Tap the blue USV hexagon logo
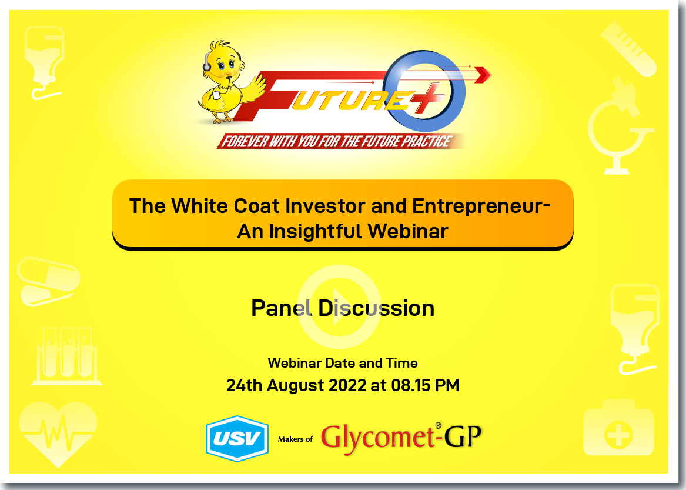click(237, 438)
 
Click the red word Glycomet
click(377, 438)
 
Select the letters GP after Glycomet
click(463, 436)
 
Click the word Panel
click(282, 308)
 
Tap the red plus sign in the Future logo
click(424, 99)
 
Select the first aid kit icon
click(618, 428)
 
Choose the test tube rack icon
click(67, 356)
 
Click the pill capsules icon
click(49, 281)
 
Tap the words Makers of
click(295, 439)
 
